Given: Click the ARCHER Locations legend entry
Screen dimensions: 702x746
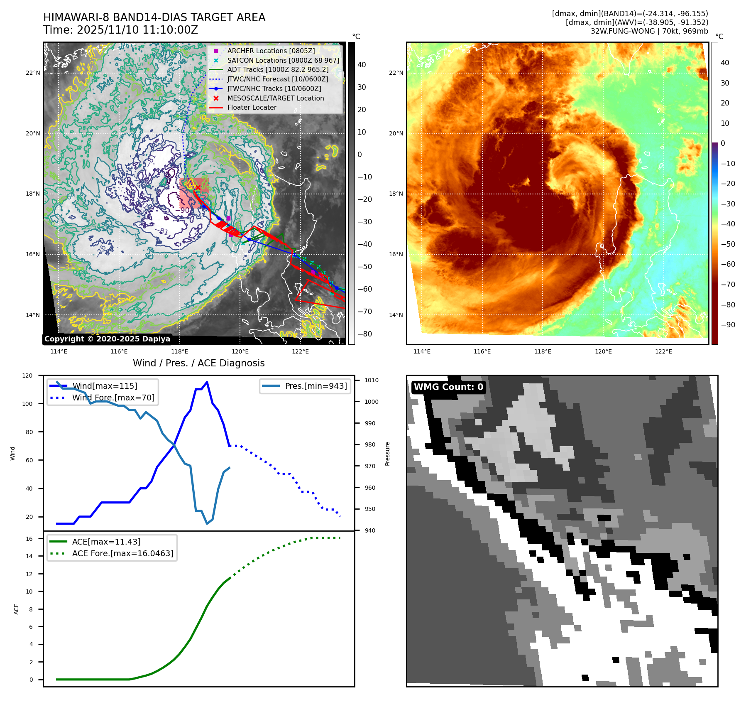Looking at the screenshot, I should coord(271,51).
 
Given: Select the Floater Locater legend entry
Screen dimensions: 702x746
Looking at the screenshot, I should coord(252,107).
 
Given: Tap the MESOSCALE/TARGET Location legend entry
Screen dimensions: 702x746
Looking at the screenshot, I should coord(275,98).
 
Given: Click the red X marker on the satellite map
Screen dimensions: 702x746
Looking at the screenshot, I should coord(198,188).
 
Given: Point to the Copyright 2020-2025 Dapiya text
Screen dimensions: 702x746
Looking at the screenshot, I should coord(107,339).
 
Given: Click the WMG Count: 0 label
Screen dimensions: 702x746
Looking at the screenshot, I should coord(448,387).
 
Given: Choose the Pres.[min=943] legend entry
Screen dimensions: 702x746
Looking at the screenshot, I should coord(316,386).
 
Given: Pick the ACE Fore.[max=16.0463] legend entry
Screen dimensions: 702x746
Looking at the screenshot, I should coord(122,553).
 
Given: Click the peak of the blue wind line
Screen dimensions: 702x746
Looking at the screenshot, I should coord(207,382).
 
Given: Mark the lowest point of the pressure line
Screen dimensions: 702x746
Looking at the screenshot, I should coord(207,523).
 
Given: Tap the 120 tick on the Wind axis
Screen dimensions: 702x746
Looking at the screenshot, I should coord(27,376).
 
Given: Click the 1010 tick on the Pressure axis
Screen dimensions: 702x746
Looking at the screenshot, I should coord(371,380).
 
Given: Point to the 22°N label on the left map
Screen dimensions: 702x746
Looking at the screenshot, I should coord(33,73).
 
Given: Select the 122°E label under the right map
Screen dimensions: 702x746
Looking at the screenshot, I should coord(663,351).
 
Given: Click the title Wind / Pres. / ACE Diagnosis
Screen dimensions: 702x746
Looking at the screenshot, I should coord(198,363).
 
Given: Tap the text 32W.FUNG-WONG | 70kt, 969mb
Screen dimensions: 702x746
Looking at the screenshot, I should coord(649,31).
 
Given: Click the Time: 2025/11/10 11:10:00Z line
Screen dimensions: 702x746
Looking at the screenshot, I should coord(120,30).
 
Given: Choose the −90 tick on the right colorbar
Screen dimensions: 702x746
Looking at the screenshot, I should coord(728,325).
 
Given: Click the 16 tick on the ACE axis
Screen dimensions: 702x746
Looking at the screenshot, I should coord(29,539).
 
